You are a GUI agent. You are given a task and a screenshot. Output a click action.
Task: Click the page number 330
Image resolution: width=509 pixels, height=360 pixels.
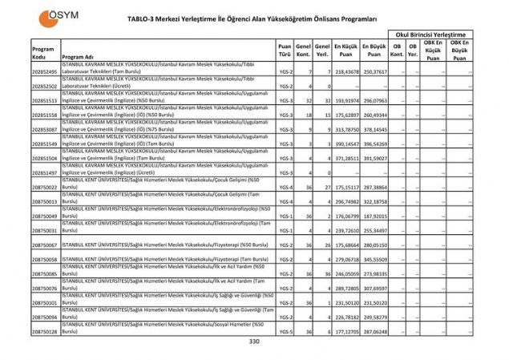[x=254, y=342]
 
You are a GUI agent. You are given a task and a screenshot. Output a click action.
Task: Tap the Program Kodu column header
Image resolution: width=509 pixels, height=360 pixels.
[x=43, y=53]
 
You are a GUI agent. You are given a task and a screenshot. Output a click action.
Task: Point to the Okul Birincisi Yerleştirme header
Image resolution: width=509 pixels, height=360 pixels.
[x=430, y=34]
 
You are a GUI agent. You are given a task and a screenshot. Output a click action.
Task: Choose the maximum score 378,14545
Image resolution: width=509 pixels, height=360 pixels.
[x=374, y=129]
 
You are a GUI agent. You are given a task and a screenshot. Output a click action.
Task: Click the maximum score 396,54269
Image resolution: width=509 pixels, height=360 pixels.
[x=374, y=144]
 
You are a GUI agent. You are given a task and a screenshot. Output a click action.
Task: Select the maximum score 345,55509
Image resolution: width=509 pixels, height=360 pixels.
[x=374, y=260]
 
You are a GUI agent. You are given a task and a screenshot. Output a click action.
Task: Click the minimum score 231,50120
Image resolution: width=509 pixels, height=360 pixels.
[x=345, y=303]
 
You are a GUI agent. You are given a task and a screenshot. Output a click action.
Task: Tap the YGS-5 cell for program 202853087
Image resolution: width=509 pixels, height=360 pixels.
[x=284, y=129]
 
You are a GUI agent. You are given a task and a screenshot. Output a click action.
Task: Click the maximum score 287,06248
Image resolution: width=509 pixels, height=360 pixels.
[x=374, y=331]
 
